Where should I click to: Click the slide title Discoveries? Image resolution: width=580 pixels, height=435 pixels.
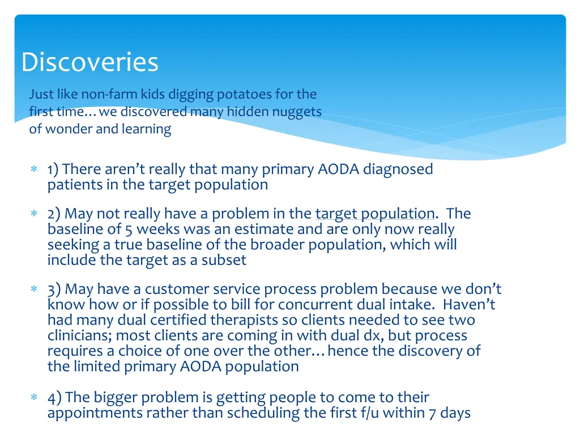click(89, 62)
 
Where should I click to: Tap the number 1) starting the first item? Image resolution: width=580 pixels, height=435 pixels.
click(54, 169)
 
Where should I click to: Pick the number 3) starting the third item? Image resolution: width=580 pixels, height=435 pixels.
click(54, 289)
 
